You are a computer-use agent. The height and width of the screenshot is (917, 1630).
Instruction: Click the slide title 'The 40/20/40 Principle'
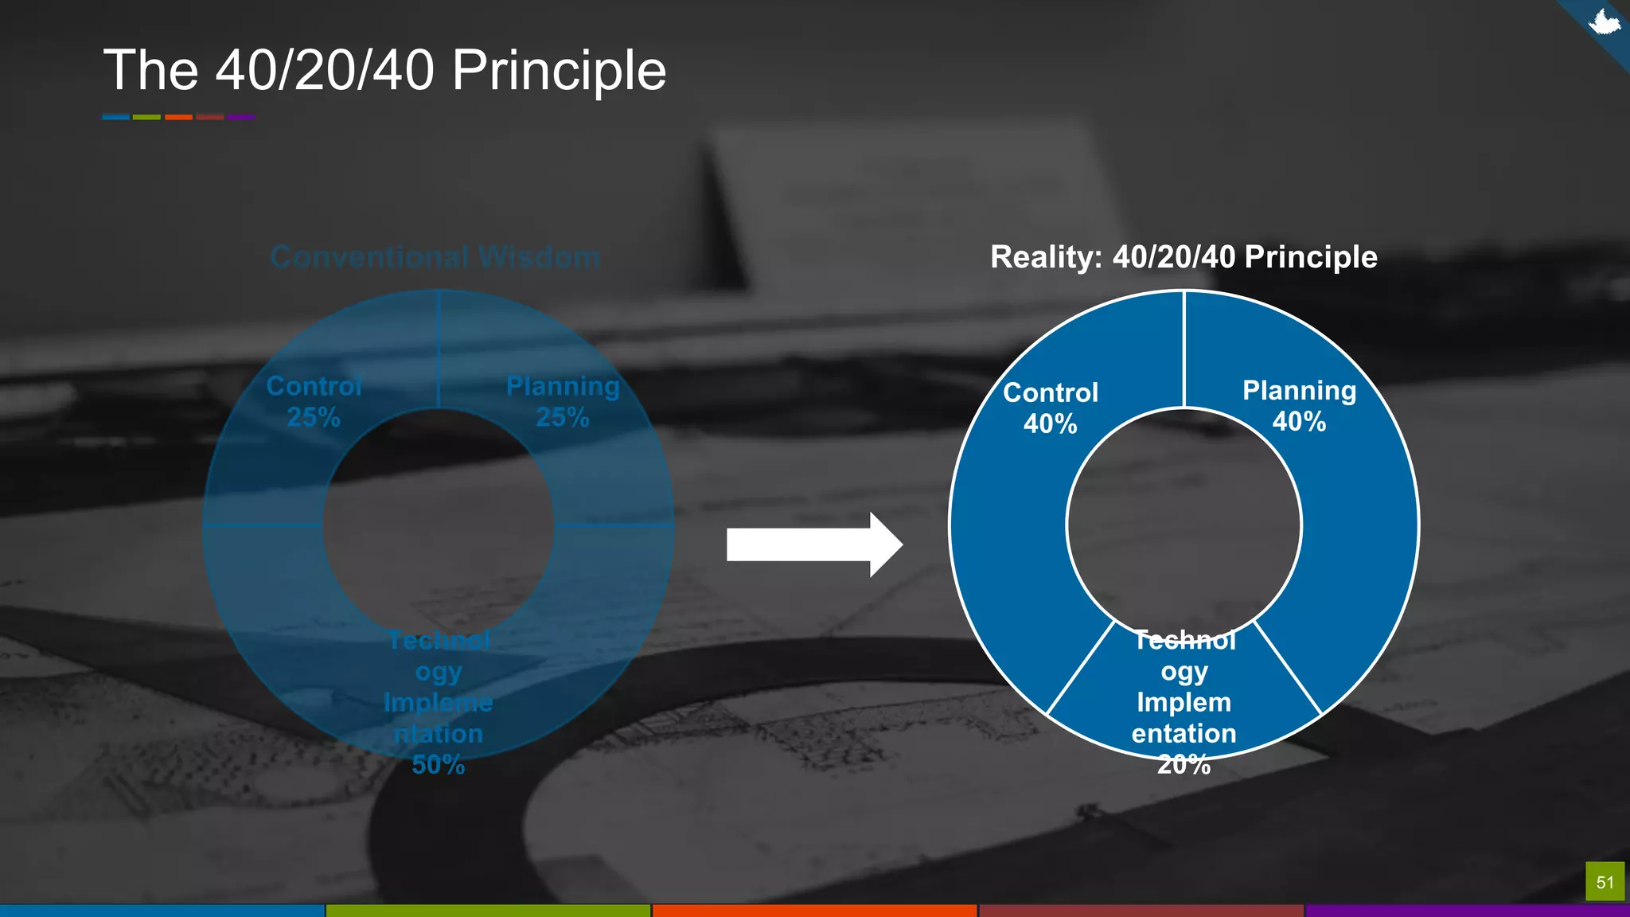point(384,70)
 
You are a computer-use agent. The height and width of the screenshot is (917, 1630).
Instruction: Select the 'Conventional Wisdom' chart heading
point(435,257)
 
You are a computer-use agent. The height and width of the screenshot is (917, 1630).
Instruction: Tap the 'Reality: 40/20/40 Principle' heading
point(1184,257)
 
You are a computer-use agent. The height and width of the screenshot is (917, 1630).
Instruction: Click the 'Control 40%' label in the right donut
point(1051,408)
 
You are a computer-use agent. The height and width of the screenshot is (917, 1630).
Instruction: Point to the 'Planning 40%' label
point(1299,405)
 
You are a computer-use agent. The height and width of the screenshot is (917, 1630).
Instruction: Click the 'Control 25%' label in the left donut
point(314,401)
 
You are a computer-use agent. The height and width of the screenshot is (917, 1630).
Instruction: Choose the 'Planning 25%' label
point(563,401)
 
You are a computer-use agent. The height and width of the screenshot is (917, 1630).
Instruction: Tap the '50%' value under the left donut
point(438,765)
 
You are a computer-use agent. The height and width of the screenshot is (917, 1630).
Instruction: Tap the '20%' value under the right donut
point(1184,765)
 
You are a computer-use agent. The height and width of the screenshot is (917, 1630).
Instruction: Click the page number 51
point(1605,882)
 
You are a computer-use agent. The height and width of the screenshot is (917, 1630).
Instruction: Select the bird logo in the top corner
point(1604,22)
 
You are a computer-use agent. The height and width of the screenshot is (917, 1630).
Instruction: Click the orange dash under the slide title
point(178,117)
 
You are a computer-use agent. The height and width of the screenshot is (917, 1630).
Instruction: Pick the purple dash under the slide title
point(240,117)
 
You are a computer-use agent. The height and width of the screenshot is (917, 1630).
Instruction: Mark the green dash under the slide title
point(146,117)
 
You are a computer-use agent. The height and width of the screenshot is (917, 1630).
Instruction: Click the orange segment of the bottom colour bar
point(814,911)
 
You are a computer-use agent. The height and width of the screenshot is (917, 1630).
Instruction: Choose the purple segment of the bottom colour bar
point(1467,911)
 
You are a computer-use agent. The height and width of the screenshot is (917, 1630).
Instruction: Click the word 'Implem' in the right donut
point(1184,702)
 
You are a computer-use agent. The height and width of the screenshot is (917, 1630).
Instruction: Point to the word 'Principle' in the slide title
point(559,70)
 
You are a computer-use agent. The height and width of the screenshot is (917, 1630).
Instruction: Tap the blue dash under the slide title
point(115,117)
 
